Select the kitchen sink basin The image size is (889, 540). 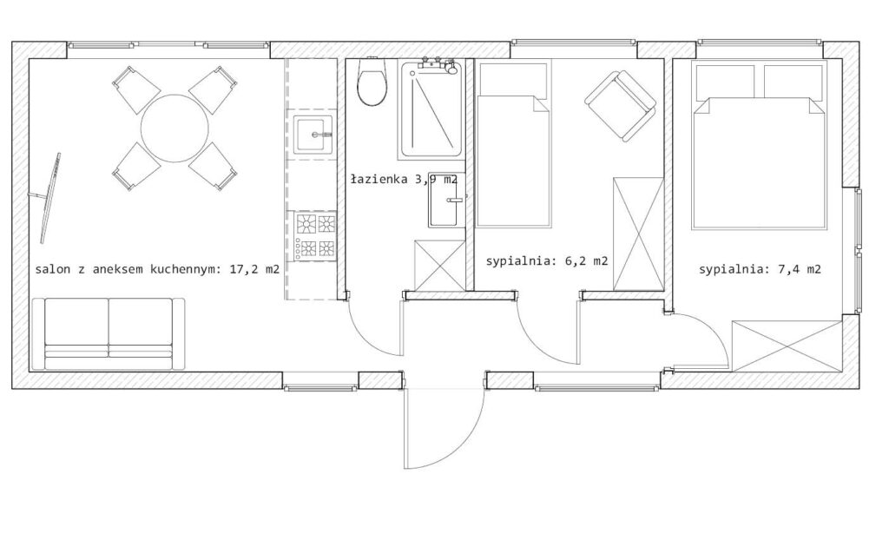[x=313, y=135]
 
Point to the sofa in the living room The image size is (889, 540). [x=109, y=334]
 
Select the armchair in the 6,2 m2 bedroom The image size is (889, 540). [x=620, y=106]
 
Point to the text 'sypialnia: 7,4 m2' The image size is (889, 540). [x=760, y=269]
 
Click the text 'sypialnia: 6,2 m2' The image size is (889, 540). [x=547, y=261]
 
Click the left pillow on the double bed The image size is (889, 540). [x=724, y=82]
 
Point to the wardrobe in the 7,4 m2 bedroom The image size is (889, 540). [x=787, y=346]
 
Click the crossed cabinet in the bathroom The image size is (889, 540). [x=440, y=266]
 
